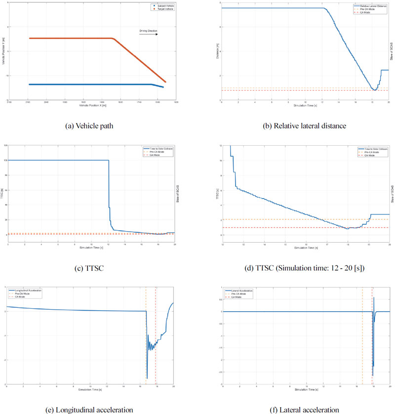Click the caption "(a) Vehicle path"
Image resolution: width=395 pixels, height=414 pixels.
pos(90,125)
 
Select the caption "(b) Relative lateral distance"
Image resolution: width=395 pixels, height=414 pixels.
pos(305,125)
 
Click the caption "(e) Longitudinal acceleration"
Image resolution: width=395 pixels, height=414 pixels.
pos(90,410)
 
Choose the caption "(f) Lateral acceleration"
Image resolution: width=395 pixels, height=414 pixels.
pos(305,410)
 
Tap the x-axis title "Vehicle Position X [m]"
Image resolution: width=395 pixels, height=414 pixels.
pos(90,106)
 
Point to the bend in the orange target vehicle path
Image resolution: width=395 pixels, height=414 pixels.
pos(115,39)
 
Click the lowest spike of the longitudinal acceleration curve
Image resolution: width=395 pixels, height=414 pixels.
pos(147,378)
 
